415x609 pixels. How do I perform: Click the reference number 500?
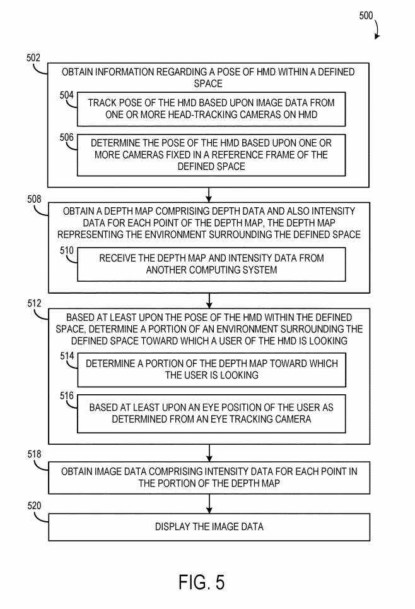(366, 16)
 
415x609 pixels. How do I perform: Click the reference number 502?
(33, 57)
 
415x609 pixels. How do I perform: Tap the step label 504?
(67, 95)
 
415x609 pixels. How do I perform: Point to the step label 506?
(67, 137)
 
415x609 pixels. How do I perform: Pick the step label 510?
(67, 251)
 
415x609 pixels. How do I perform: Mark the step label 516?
(67, 396)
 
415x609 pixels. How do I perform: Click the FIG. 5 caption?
(201, 581)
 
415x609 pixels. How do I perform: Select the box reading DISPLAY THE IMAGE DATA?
(209, 527)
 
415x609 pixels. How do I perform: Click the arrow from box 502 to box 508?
(209, 195)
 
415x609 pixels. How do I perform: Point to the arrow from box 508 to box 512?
(209, 300)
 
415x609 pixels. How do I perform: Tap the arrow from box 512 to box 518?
(209, 452)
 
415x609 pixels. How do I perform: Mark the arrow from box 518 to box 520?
(209, 504)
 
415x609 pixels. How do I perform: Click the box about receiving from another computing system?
(211, 264)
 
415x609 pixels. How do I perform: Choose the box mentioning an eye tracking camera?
(211, 414)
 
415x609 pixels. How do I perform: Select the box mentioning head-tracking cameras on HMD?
(211, 108)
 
